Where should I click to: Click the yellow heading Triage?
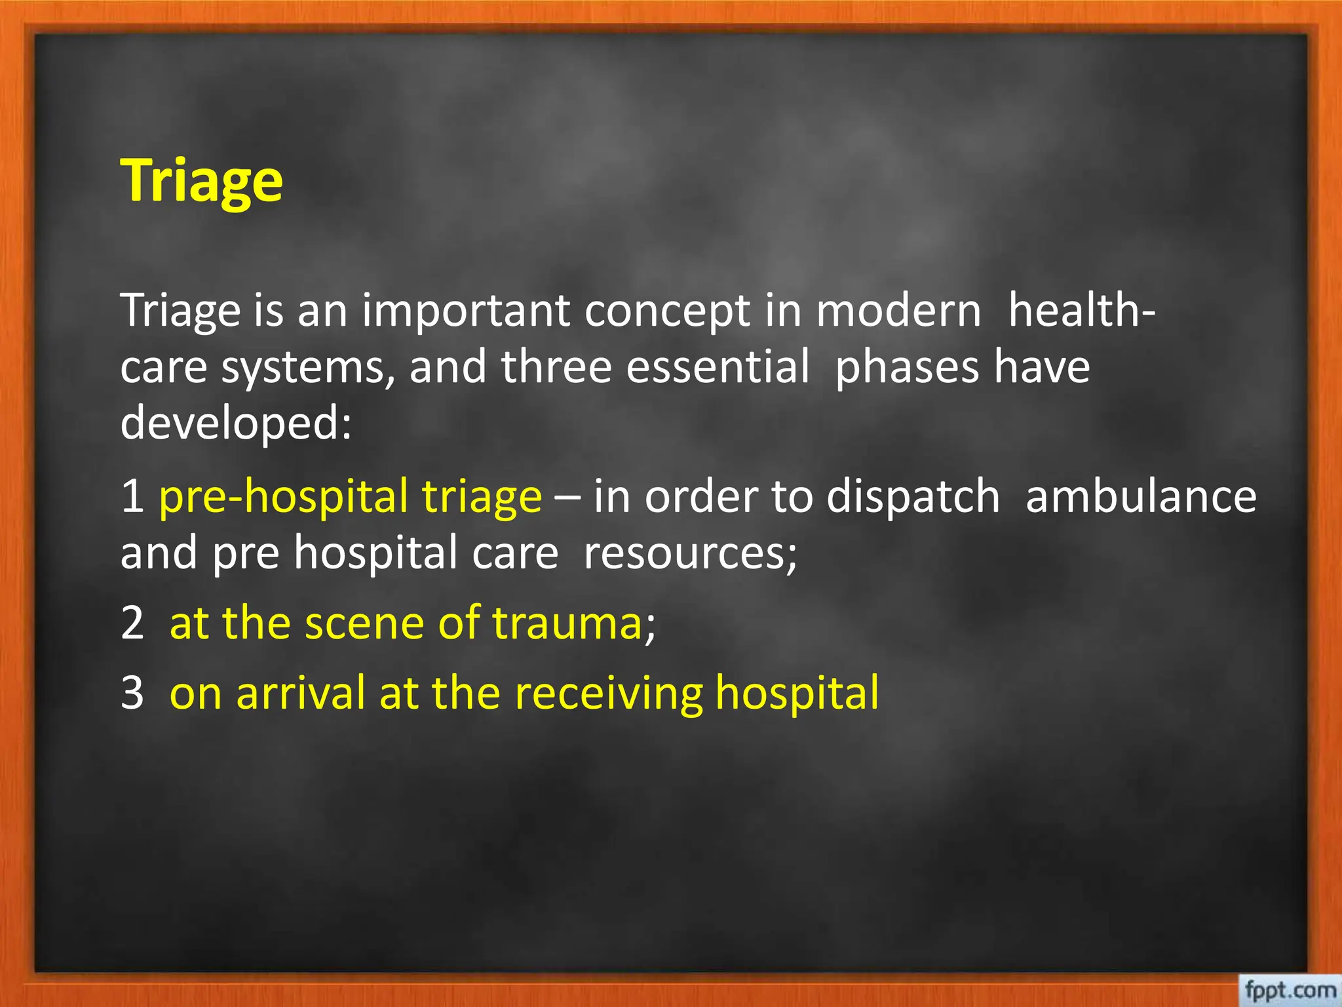[x=202, y=182]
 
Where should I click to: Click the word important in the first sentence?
[x=466, y=311]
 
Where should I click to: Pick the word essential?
[x=718, y=366]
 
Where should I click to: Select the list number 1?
[x=132, y=496]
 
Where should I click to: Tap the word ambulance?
[x=1141, y=496]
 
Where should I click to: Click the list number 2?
[x=132, y=623]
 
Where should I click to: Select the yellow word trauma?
[x=567, y=623]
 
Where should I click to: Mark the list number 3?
[x=132, y=693]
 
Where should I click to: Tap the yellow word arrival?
[x=300, y=693]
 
